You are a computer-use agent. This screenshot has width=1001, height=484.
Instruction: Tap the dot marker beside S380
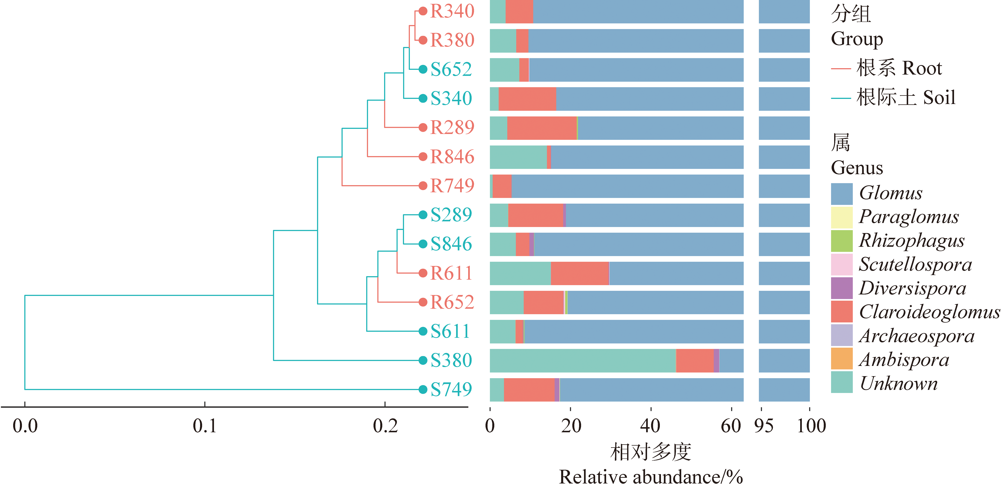[x=423, y=360]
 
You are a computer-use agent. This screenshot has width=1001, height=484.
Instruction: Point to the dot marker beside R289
[x=423, y=128]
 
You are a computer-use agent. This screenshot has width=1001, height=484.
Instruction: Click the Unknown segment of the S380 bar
[x=583, y=360]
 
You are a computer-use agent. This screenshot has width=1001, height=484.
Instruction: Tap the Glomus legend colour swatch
[x=842, y=194]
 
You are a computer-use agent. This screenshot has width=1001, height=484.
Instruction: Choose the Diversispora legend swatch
[x=842, y=288]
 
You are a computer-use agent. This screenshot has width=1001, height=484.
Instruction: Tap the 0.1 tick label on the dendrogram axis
[x=205, y=426]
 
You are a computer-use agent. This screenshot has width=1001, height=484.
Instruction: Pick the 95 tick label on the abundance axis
[x=763, y=426]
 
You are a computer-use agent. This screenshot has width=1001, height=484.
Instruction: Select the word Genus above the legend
[x=857, y=168]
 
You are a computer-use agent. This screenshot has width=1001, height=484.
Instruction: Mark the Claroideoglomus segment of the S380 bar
[x=695, y=360]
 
